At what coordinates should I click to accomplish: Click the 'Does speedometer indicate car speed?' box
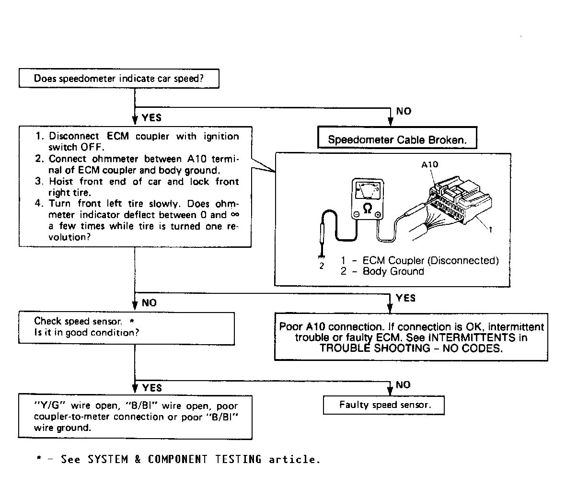point(119,79)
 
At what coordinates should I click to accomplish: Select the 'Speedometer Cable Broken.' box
point(397,140)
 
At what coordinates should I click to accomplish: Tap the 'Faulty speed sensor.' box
point(384,405)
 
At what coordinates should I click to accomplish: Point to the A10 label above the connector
point(429,164)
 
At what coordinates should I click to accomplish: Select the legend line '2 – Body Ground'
point(382,271)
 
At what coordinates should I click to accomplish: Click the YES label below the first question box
point(151,117)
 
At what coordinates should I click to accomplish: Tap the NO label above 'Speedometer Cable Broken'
point(404,111)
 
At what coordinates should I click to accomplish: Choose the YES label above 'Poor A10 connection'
point(405,298)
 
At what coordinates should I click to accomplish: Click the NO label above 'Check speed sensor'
point(149,303)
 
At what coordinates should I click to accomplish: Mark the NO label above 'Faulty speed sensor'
point(403,385)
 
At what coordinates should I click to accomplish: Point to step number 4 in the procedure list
point(39,204)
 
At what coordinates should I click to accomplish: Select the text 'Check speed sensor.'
point(78,321)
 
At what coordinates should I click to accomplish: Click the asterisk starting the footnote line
point(39,460)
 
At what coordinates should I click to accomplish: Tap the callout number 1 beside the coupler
point(490,230)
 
